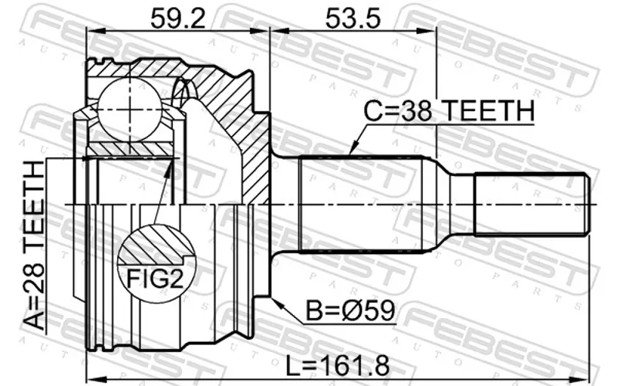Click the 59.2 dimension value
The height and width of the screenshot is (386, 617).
tap(178, 18)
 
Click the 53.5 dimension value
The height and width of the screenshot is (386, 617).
tap(353, 18)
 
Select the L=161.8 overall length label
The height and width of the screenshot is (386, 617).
tap(337, 365)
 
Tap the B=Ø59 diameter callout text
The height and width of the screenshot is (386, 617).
tap(350, 311)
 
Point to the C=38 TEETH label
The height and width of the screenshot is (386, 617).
tap(449, 110)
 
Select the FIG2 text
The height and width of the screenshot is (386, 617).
tap(155, 279)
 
